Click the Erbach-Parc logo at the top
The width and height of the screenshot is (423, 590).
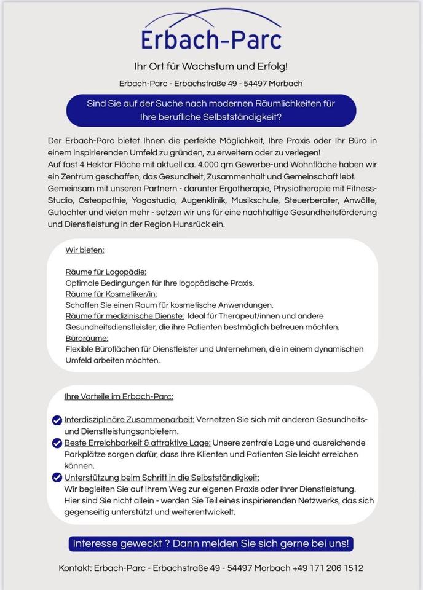[211, 32]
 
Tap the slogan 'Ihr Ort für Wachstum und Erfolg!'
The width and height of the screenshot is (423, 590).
[211, 66]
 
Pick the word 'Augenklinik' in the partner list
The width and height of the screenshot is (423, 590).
[203, 200]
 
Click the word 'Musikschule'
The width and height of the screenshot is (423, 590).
[259, 200]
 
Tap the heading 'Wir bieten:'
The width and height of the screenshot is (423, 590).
[85, 250]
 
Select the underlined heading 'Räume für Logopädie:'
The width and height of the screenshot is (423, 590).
[106, 272]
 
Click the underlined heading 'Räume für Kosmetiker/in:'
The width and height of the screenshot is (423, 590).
[111, 294]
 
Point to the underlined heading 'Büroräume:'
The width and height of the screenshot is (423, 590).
[87, 338]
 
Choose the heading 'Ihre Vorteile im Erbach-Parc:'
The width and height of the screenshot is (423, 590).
[119, 396]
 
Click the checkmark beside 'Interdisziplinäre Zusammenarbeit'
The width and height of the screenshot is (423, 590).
[57, 420]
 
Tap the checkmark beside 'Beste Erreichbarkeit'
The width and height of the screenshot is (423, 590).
[57, 442]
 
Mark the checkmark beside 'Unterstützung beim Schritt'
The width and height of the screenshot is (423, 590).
[57, 478]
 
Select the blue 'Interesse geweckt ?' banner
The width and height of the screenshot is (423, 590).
[211, 543]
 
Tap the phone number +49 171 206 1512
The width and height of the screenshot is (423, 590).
[328, 568]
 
